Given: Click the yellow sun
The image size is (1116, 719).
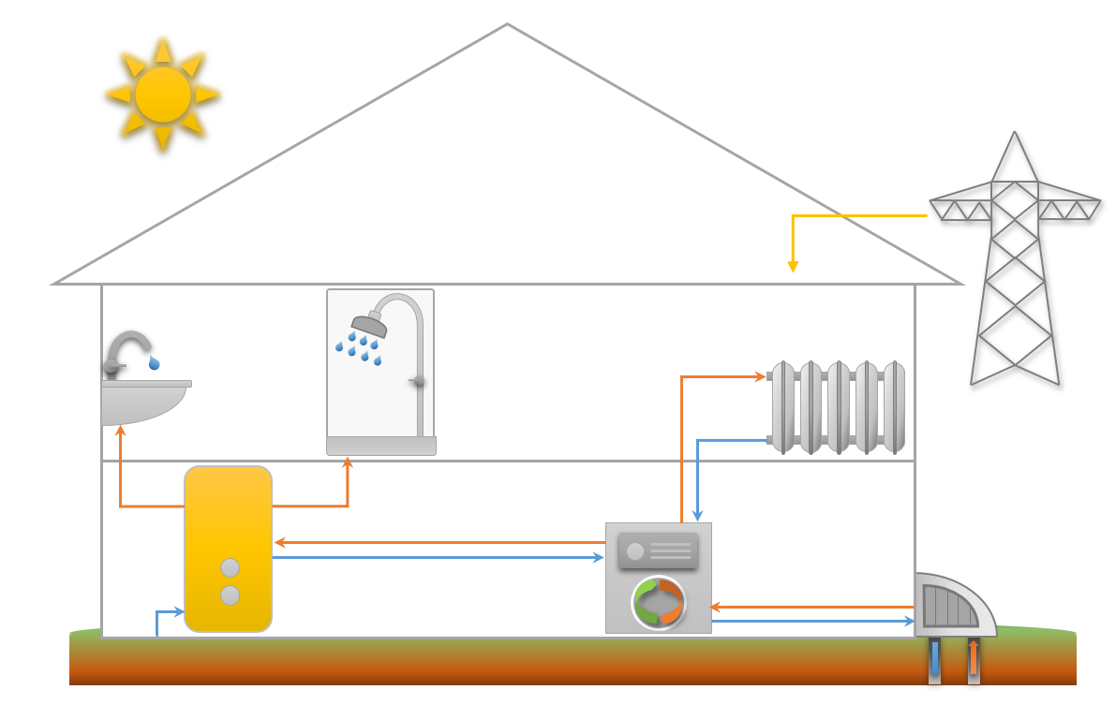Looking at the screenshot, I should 163,94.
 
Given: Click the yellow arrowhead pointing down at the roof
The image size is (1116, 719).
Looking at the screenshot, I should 793,267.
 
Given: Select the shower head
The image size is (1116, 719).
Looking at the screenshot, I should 369,325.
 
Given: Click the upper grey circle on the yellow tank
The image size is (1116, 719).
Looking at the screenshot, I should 230,567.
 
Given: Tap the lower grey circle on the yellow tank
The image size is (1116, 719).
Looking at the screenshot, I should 230,595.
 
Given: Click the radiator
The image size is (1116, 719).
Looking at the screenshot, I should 838,407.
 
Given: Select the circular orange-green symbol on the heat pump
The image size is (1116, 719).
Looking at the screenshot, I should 659,603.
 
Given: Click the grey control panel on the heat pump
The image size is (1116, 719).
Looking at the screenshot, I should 658,550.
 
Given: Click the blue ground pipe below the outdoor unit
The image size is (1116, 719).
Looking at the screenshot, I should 934,660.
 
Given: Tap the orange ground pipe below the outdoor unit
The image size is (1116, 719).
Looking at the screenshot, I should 974,660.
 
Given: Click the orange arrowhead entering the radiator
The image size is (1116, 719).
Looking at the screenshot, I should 761,376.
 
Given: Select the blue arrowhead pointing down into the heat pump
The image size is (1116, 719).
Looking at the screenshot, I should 697,516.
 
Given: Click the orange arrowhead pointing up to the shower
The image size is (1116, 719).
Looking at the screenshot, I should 348,462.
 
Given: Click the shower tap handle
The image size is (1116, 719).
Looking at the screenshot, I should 418,380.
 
